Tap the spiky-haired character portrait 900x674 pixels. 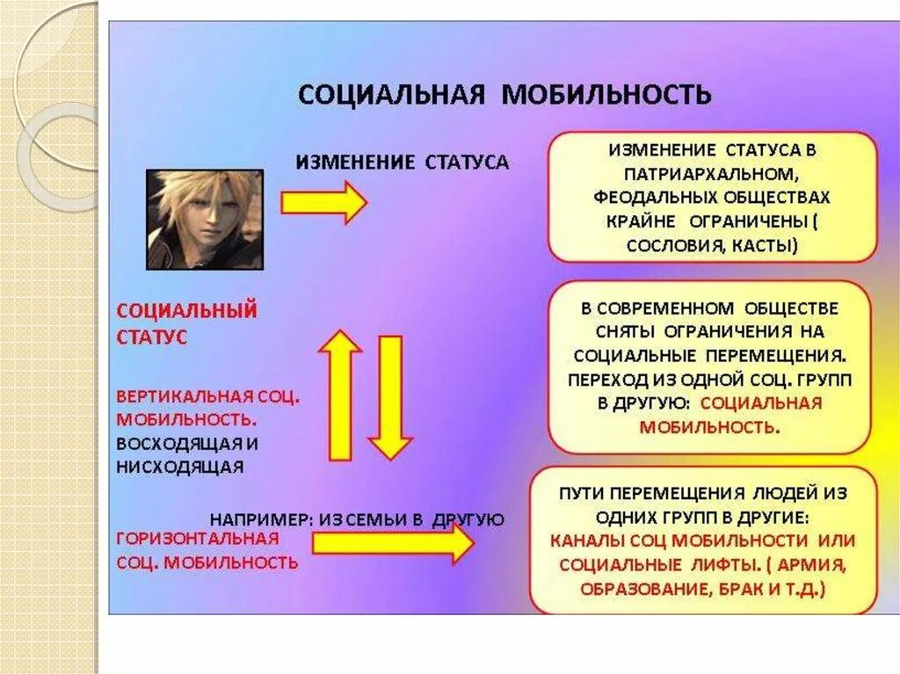coord(204,219)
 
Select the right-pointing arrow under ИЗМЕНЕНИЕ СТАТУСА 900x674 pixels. coord(323,203)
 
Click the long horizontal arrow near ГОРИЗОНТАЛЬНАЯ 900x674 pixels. coord(392,545)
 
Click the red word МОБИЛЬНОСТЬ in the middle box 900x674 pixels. coord(708,428)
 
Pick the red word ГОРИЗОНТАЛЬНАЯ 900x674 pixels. coord(197,538)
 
